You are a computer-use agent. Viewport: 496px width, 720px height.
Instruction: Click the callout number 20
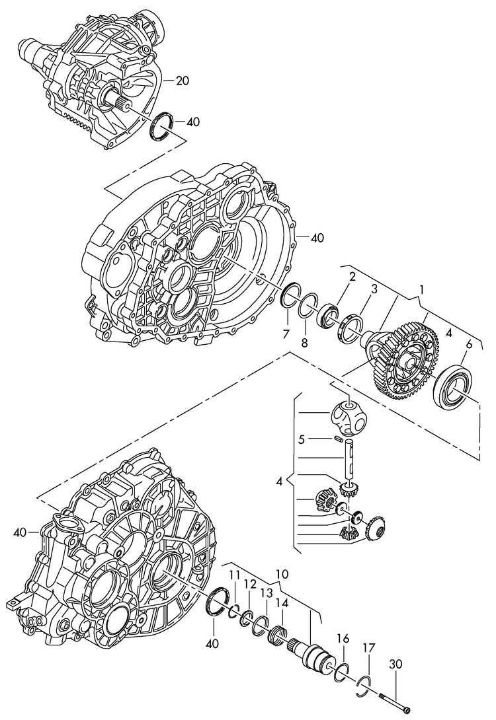[x=183, y=81]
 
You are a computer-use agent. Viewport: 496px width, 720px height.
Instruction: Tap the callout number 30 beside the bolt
[x=395, y=664]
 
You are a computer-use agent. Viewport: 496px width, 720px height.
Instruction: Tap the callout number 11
[x=235, y=575]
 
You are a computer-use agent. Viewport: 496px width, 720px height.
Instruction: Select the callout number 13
[x=265, y=594]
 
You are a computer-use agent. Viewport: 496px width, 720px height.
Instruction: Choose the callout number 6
[x=469, y=343]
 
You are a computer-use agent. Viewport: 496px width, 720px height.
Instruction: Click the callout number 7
[x=286, y=335]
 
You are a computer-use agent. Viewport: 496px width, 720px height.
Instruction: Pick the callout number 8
[x=304, y=342]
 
